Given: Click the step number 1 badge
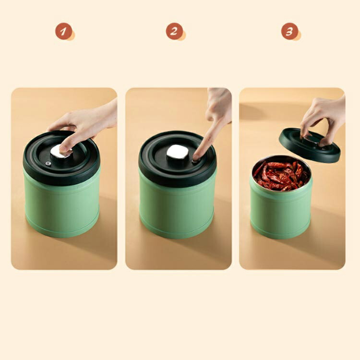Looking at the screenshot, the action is tap(63, 31).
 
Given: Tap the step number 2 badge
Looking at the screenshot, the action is tap(174, 31).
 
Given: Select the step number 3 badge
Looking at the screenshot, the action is tap(289, 31).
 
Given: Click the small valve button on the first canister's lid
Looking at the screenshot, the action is tap(48, 164).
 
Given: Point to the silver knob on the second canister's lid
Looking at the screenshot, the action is tap(176, 152).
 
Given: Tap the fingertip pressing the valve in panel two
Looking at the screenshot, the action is tap(196, 157).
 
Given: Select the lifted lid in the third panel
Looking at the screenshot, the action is tap(310, 145).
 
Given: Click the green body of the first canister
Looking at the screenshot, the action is tap(62, 204).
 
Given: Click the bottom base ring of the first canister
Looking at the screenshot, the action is tap(62, 231).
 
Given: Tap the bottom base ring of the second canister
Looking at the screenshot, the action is tap(177, 232).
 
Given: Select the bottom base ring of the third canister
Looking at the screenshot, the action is tap(281, 233).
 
